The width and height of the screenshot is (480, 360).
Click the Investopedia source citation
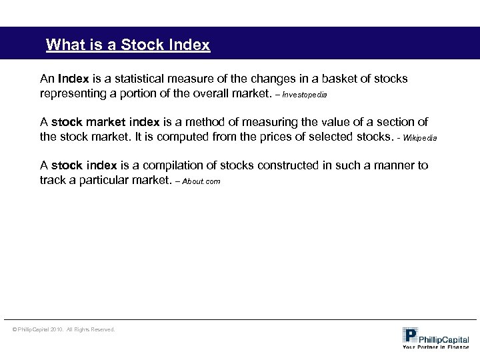point(305,95)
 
